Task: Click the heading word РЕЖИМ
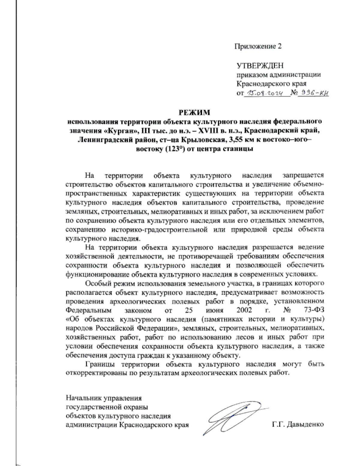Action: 195,113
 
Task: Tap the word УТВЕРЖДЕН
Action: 260,66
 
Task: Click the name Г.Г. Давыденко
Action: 298,425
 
